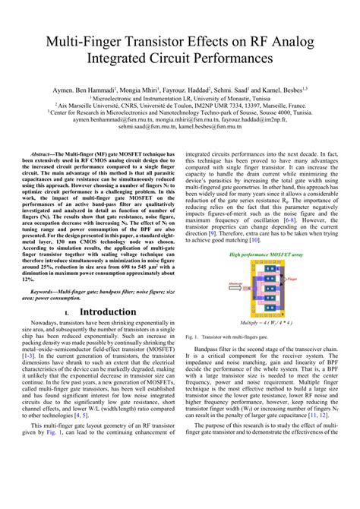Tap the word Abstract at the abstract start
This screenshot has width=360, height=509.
coord(48,153)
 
